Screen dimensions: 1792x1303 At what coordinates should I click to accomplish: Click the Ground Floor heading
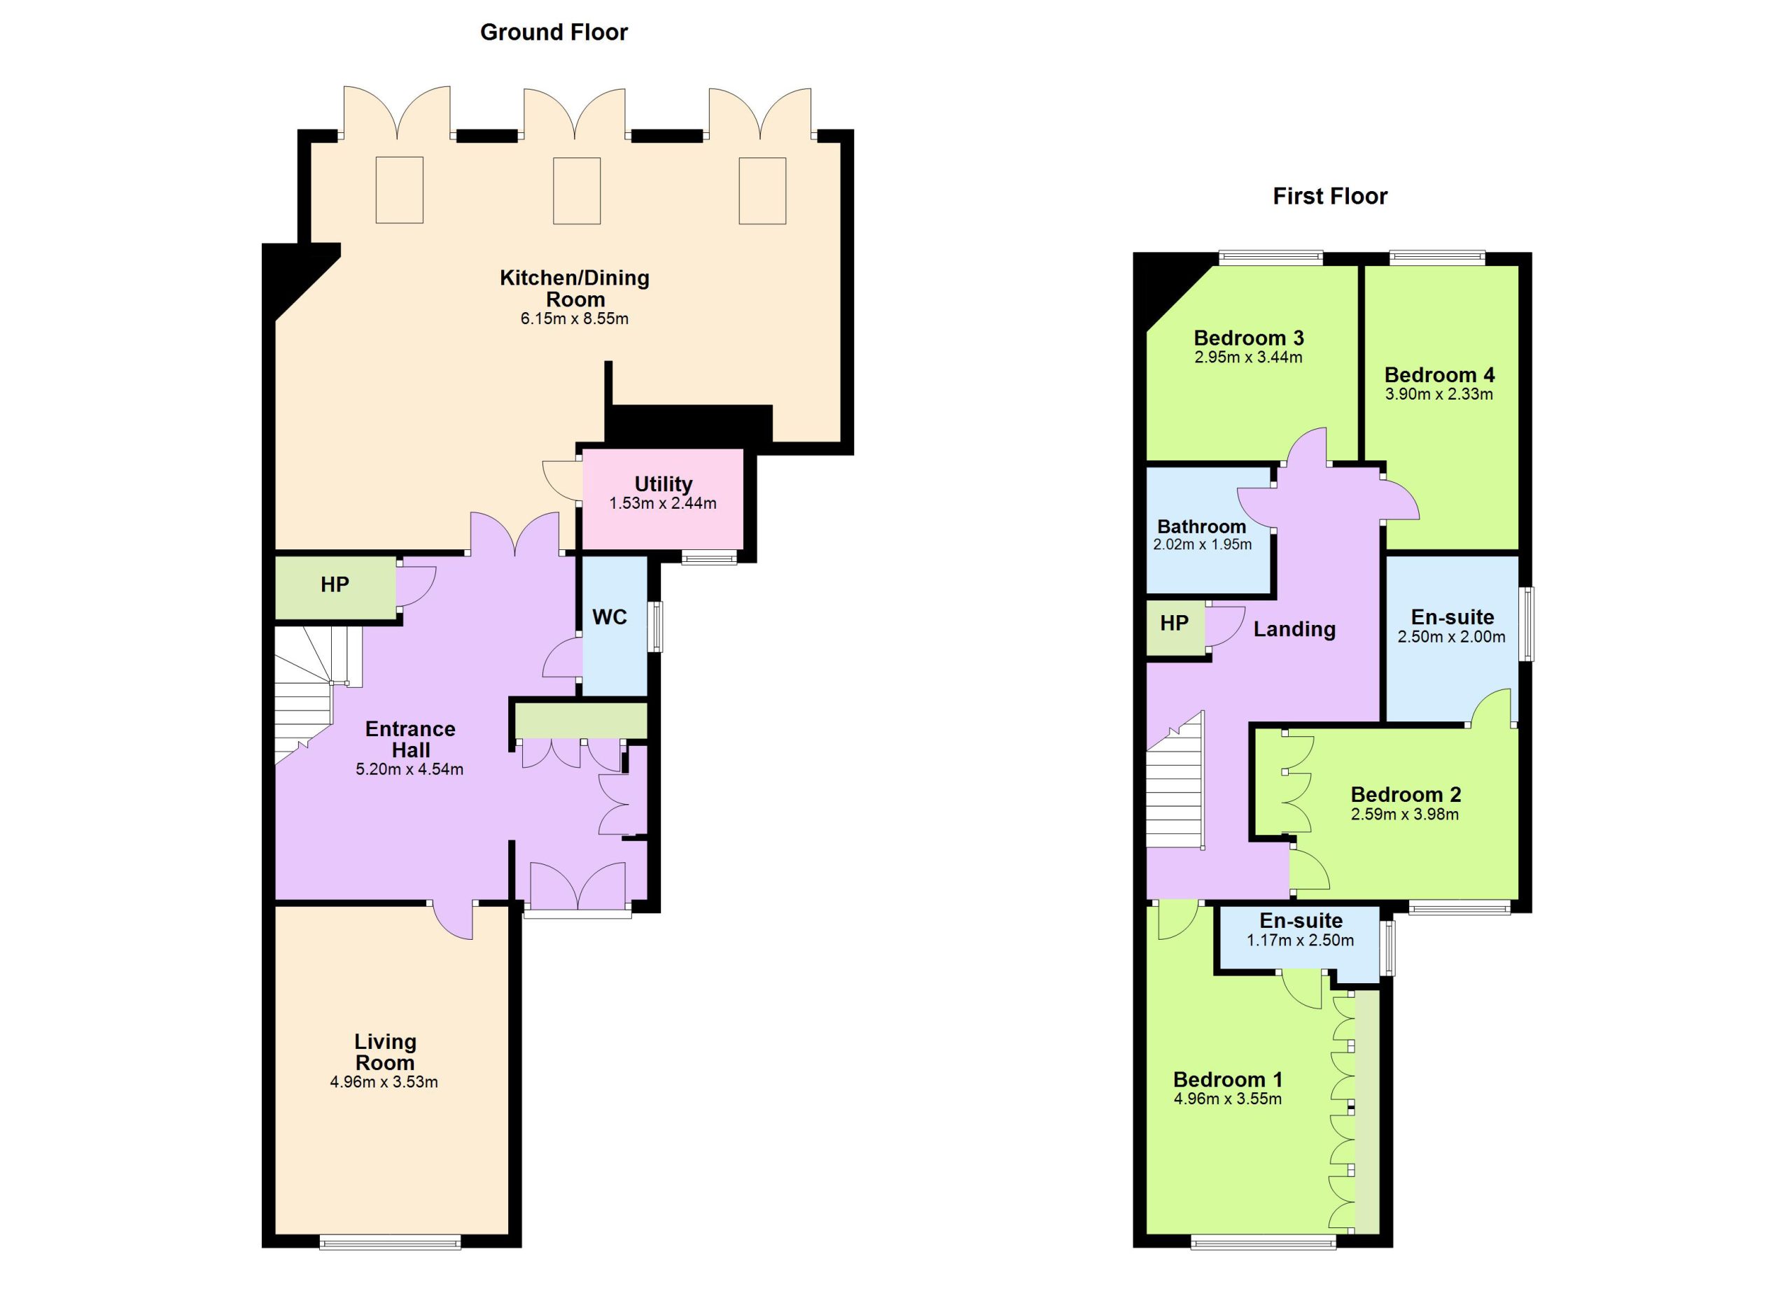[554, 32]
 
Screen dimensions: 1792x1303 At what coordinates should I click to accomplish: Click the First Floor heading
[1330, 197]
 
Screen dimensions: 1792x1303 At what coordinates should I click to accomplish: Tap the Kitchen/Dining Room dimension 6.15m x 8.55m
[575, 319]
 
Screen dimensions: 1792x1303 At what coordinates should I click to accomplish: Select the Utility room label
[663, 484]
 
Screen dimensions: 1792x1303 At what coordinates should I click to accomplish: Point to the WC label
[610, 617]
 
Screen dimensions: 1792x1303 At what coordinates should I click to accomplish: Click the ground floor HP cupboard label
[335, 584]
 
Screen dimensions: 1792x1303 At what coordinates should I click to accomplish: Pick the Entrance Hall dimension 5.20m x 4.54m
[409, 769]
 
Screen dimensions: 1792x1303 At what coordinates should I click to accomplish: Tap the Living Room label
[385, 1052]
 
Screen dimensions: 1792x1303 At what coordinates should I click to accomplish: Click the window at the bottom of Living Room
[391, 1242]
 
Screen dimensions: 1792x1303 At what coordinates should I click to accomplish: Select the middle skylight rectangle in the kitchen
[577, 191]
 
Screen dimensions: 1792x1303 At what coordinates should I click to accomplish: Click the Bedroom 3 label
[1248, 338]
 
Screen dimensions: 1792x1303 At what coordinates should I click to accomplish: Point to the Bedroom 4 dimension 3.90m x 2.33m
[1438, 394]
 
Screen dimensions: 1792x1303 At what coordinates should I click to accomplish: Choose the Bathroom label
[1202, 527]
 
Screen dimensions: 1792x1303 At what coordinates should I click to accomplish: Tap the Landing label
[1294, 629]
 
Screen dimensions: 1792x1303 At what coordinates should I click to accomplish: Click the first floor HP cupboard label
[1174, 623]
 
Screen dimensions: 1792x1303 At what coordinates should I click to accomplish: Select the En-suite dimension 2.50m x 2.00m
[1452, 637]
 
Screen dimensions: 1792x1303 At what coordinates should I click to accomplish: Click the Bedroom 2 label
[1406, 794]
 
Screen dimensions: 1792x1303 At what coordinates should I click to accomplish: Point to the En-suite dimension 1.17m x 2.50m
[1301, 941]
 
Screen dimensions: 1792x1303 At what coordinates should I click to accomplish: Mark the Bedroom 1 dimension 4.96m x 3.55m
[1228, 1099]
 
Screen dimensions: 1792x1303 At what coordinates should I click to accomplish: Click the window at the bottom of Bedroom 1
[1263, 1242]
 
